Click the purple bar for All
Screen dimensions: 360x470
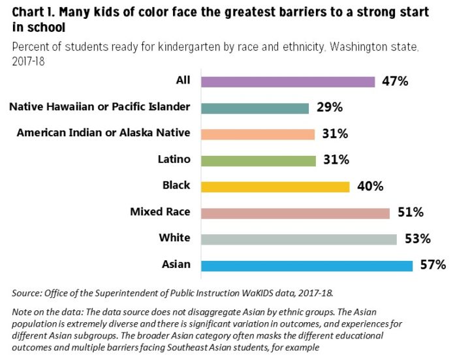(288, 82)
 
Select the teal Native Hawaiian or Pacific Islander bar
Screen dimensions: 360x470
(255, 108)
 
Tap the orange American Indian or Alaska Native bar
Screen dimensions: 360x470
(258, 134)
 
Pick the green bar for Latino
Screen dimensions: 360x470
(258, 160)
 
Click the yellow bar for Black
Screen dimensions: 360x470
(275, 187)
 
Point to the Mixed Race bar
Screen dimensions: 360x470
(295, 213)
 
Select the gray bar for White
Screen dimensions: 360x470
(299, 239)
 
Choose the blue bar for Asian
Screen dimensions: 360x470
(307, 265)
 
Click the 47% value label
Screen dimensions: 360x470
(395, 82)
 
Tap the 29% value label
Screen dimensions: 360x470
(330, 108)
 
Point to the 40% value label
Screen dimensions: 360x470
(370, 187)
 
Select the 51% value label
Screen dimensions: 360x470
(411, 213)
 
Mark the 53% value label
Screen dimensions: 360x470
(417, 239)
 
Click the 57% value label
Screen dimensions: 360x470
(433, 265)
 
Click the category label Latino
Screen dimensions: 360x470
(174, 159)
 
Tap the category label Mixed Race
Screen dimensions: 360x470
(160, 211)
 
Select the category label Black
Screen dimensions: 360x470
(176, 185)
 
